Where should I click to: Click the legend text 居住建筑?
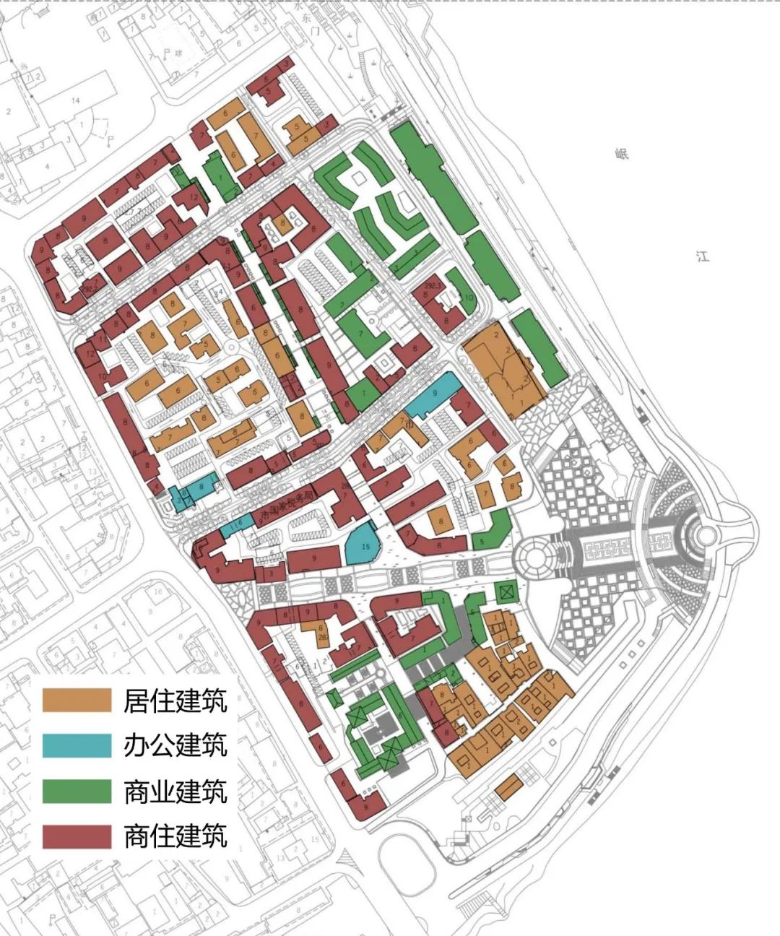175,700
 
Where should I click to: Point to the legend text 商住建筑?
175,836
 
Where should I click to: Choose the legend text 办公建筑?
175,745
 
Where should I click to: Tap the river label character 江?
703,256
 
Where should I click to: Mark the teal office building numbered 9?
434,394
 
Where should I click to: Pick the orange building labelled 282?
322,635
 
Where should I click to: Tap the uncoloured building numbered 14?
76,100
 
